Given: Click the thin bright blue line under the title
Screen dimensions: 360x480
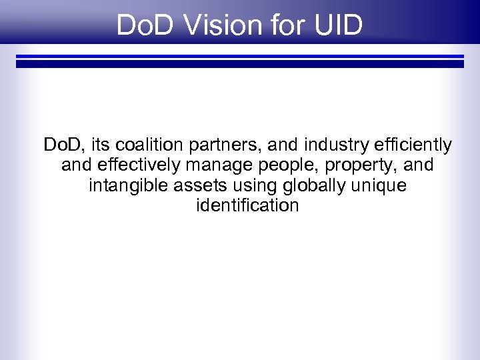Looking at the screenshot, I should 240,56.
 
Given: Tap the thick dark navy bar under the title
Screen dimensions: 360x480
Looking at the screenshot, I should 240,64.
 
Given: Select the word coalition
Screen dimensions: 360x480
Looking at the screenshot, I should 152,145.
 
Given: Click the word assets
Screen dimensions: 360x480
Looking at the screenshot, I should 195,185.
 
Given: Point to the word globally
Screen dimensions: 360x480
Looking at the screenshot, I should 310,185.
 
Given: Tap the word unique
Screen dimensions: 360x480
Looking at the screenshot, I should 379,186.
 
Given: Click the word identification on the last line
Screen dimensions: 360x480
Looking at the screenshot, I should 248,205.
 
